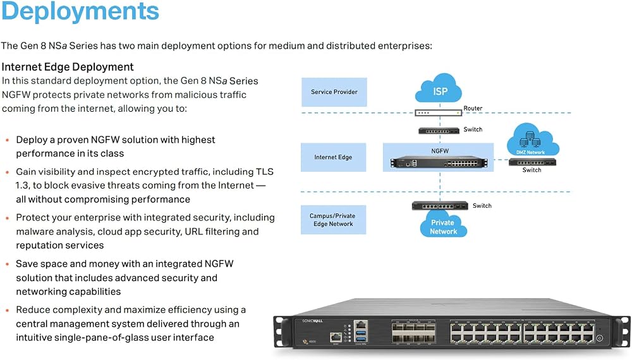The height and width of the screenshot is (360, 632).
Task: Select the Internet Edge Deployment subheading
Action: tap(68, 67)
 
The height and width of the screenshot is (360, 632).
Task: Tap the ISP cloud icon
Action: tap(439, 88)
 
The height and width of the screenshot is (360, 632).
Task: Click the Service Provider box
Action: tap(334, 92)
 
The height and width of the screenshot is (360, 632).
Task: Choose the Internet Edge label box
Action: tap(333, 157)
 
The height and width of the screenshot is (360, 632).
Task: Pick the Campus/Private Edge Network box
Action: tap(333, 220)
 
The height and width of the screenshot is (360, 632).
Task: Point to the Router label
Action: tap(473, 109)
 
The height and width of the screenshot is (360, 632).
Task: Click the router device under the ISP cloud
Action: tap(439, 113)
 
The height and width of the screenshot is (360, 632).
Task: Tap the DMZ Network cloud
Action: tap(532, 140)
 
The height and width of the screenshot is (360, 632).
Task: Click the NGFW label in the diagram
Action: tap(440, 151)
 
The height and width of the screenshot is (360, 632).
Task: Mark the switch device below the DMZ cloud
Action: tap(532, 162)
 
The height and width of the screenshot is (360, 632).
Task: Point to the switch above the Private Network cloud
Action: tap(440, 206)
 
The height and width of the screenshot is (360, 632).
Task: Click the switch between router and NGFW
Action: tap(439, 131)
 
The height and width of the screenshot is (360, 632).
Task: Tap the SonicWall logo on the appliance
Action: tap(312, 321)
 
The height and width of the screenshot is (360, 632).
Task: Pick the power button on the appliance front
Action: tap(600, 339)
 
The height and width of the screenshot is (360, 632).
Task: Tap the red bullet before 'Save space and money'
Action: tap(7, 265)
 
